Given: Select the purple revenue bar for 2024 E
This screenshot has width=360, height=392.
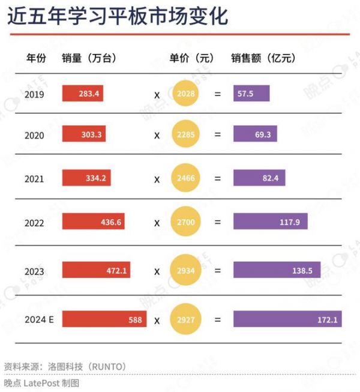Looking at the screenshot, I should click(x=286, y=319).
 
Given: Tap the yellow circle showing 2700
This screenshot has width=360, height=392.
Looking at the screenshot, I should click(x=185, y=223).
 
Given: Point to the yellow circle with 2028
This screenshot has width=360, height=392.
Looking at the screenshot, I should click(x=185, y=94).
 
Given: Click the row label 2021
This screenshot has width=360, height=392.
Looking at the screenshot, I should click(x=34, y=178).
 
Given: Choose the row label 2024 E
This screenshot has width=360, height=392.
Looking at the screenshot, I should click(x=40, y=319).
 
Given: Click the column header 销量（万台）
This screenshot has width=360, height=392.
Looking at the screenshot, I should click(x=89, y=58).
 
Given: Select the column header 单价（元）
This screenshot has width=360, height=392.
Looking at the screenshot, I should click(x=191, y=58).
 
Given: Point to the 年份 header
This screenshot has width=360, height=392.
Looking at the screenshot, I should click(x=35, y=58).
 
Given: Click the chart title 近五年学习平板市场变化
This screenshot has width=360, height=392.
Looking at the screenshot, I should click(x=118, y=17).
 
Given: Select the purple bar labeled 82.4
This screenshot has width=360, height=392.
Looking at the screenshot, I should click(x=259, y=178).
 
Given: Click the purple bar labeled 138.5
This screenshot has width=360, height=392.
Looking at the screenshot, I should click(x=277, y=271).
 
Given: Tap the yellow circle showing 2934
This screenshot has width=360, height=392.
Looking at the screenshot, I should click(x=185, y=271).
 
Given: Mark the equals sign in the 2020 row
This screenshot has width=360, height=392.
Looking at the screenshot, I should click(x=217, y=135).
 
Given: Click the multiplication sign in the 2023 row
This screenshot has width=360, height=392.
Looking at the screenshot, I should click(x=157, y=271).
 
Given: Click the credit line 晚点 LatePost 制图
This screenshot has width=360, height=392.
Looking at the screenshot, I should click(x=41, y=382).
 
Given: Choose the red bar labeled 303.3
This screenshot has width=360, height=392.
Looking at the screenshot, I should click(x=84, y=135).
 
